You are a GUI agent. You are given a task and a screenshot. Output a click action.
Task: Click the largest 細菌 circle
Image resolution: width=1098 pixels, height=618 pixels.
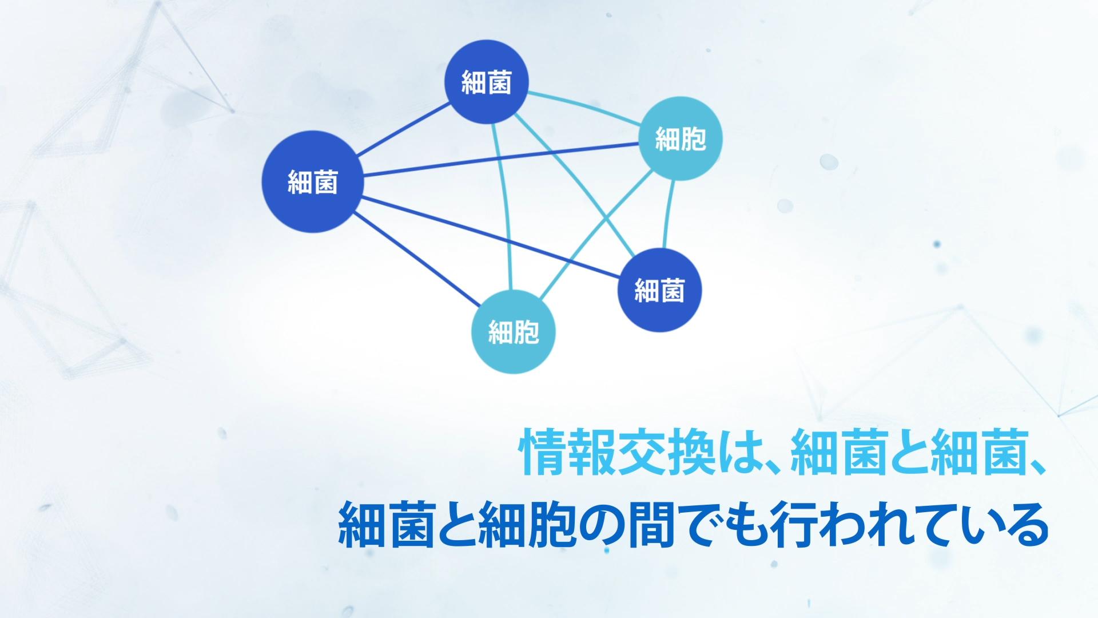tap(312, 181)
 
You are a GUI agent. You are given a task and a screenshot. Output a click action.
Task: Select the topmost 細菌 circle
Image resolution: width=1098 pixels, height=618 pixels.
tap(487, 82)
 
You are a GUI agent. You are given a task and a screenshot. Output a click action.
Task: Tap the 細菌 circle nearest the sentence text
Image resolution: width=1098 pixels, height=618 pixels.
tap(659, 290)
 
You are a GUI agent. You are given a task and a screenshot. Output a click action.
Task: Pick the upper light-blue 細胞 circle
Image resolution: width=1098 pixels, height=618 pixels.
tap(680, 138)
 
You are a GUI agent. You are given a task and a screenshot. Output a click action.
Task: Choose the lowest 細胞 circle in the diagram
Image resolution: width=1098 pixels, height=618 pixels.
tap(514, 332)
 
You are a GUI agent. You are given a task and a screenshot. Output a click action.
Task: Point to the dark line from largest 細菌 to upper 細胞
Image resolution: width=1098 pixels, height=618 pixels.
tap(500, 160)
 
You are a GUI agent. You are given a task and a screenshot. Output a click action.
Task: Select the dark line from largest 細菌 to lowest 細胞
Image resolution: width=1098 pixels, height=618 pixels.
tap(417, 259)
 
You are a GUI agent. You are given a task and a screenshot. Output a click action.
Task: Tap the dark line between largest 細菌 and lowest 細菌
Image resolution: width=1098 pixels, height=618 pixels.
tap(491, 238)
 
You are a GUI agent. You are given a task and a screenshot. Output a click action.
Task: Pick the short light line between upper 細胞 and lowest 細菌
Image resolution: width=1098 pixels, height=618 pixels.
tap(671, 215)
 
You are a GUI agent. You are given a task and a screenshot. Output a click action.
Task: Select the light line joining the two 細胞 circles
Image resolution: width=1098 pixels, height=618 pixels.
tap(596, 237)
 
